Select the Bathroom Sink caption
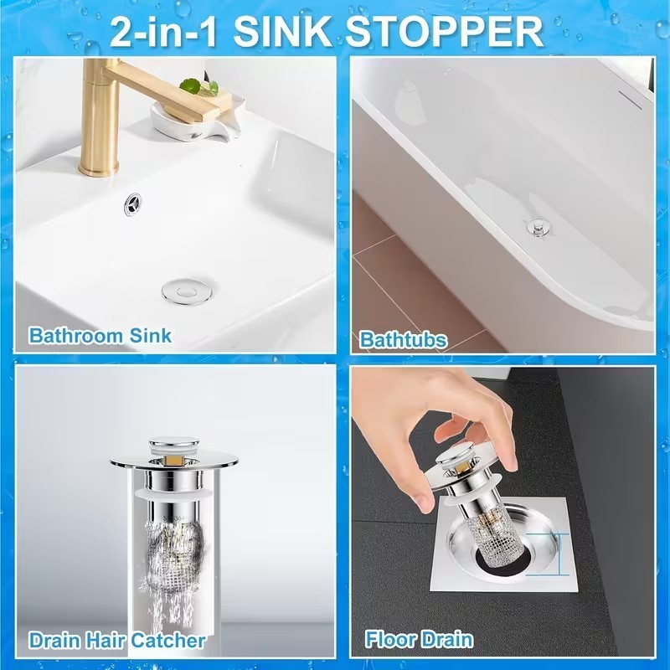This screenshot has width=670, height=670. pos(100,336)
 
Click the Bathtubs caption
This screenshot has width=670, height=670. pos(403,339)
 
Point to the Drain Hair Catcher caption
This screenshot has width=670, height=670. pos(117,641)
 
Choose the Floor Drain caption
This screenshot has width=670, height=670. pos(418,641)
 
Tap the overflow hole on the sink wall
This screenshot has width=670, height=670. pos(132,201)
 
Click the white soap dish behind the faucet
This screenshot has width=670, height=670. pos(180,122)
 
